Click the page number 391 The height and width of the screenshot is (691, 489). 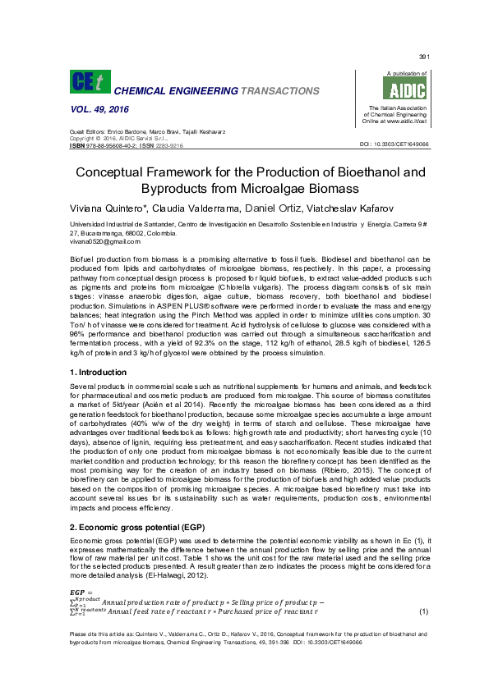tap(424, 57)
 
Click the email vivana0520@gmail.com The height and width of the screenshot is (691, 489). tap(105, 241)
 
